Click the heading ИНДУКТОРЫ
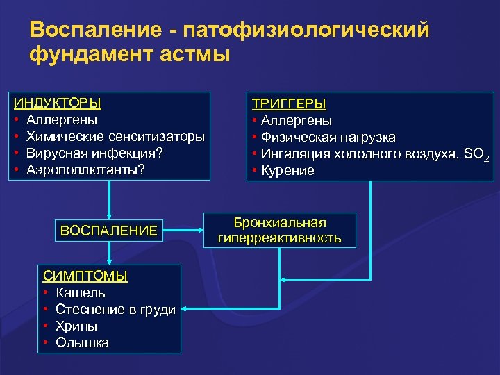(x=58, y=103)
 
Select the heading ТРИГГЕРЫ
(x=289, y=103)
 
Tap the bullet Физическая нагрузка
(x=328, y=137)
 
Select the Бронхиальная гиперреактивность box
(x=280, y=231)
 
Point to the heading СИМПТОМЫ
(x=85, y=276)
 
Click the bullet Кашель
(x=81, y=292)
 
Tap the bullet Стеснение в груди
(x=115, y=309)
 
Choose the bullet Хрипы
(x=76, y=326)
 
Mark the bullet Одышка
(x=82, y=342)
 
